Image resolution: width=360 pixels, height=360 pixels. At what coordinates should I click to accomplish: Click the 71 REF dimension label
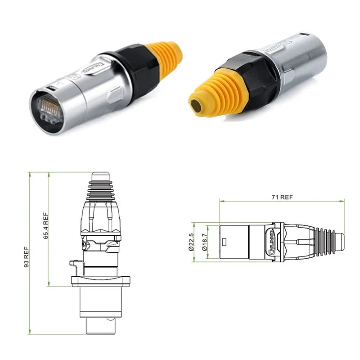point(282,197)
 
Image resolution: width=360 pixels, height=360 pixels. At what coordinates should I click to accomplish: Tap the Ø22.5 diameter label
point(191,242)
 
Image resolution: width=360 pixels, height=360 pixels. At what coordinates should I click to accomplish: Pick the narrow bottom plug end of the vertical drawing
point(100,326)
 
